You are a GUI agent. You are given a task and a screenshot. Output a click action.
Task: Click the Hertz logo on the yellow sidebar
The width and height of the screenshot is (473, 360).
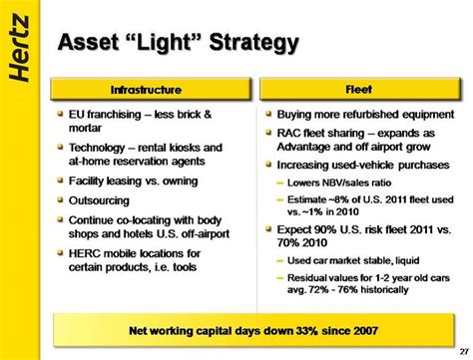(19, 48)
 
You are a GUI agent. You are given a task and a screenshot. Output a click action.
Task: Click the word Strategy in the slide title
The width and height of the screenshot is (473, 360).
(254, 43)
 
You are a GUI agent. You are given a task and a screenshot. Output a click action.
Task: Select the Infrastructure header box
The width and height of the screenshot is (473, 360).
(151, 89)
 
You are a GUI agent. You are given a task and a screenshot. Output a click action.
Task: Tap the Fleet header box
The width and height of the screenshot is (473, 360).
(360, 89)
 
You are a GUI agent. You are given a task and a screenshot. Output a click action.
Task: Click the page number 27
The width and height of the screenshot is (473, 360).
(464, 351)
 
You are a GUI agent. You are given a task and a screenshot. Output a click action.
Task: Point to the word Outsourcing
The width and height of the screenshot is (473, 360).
(99, 200)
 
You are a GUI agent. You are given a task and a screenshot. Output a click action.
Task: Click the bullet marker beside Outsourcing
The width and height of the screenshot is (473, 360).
(60, 199)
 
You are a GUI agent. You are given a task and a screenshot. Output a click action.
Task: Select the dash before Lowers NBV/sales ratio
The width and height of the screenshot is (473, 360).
(280, 182)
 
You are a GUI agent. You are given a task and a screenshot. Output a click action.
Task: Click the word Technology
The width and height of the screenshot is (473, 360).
(97, 148)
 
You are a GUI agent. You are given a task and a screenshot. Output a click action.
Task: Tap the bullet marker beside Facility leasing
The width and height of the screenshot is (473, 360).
(60, 180)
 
